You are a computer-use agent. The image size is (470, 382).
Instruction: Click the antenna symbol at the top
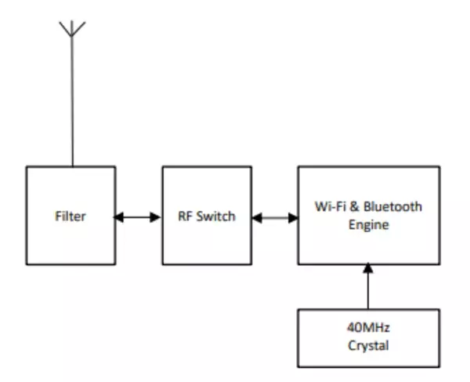pyautogui.click(x=72, y=30)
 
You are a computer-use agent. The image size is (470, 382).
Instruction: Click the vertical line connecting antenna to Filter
pyautogui.click(x=72, y=102)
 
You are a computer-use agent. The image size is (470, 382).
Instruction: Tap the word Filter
pyautogui.click(x=70, y=216)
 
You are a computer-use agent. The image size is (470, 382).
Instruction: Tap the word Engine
pyautogui.click(x=367, y=224)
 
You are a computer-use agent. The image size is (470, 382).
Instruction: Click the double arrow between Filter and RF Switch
pyautogui.click(x=139, y=216)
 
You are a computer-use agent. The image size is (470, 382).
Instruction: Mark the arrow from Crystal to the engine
pyautogui.click(x=367, y=286)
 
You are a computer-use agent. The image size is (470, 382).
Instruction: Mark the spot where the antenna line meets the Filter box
pyautogui.click(x=72, y=166)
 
